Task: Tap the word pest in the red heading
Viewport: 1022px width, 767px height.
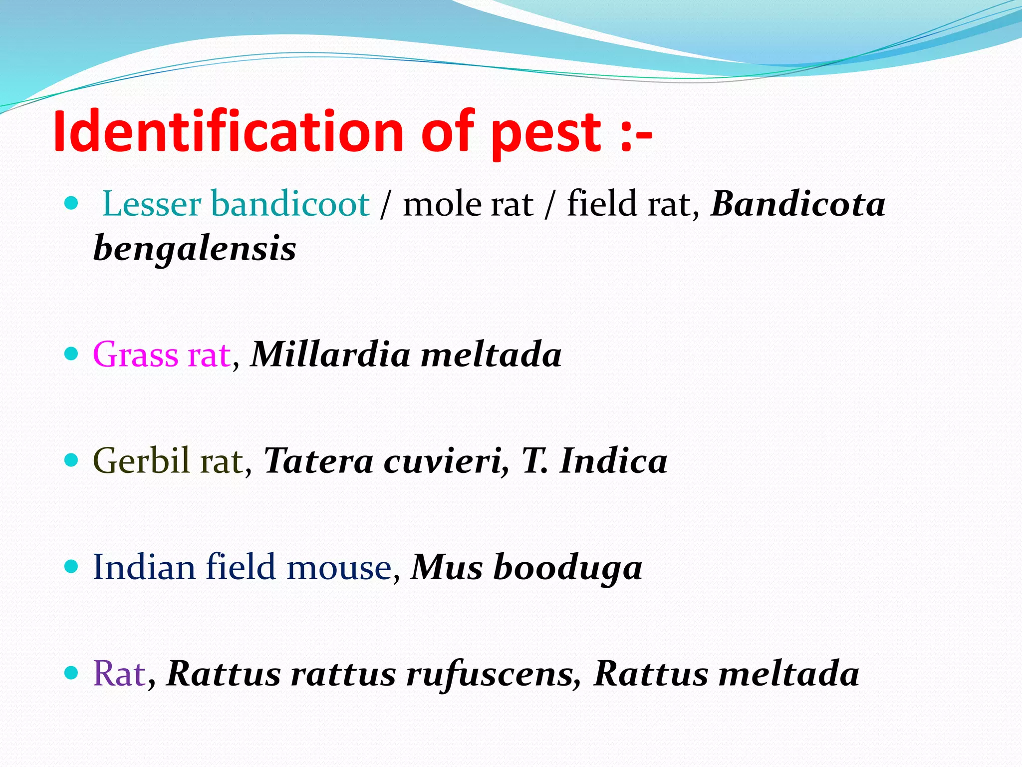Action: [x=546, y=134]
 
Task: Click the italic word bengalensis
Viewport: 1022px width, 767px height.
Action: [x=195, y=249]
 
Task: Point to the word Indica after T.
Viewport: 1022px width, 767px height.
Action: [x=613, y=460]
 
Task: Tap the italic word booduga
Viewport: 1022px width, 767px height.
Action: [x=567, y=568]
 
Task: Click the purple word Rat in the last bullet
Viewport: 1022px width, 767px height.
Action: [x=119, y=674]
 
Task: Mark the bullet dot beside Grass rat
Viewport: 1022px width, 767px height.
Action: [x=72, y=354]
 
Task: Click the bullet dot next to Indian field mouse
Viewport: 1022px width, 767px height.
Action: [x=72, y=566]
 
